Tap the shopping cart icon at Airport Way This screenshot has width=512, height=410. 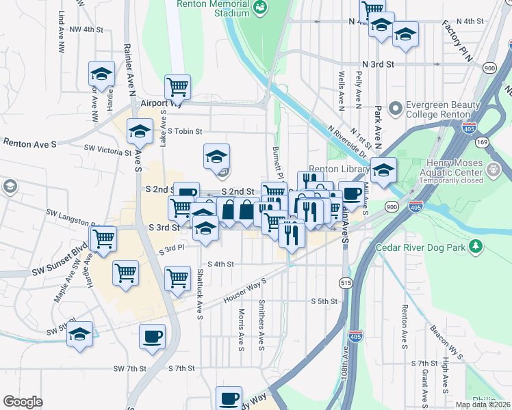[x=177, y=87]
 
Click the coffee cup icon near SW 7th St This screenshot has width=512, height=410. [x=152, y=336]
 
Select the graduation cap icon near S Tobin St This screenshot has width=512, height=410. [x=140, y=131]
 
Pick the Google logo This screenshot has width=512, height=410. [x=23, y=402]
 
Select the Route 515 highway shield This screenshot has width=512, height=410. [x=344, y=282]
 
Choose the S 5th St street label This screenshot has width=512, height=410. [x=324, y=301]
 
